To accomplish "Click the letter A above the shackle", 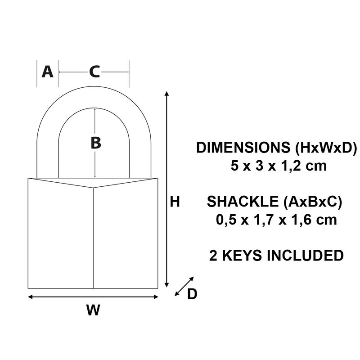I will tap(47, 72).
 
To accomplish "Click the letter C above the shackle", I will tap(94, 72).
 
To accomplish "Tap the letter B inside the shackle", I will tap(95, 143).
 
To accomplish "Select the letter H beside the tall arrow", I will tap(175, 202).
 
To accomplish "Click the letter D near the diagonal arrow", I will tap(192, 294).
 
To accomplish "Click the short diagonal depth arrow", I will tap(184, 286).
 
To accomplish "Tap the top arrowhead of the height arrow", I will tap(167, 94).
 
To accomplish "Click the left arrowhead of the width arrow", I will tap(31, 297).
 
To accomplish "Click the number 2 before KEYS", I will tap(213, 255).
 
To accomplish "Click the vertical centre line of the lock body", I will tap(94, 238).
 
